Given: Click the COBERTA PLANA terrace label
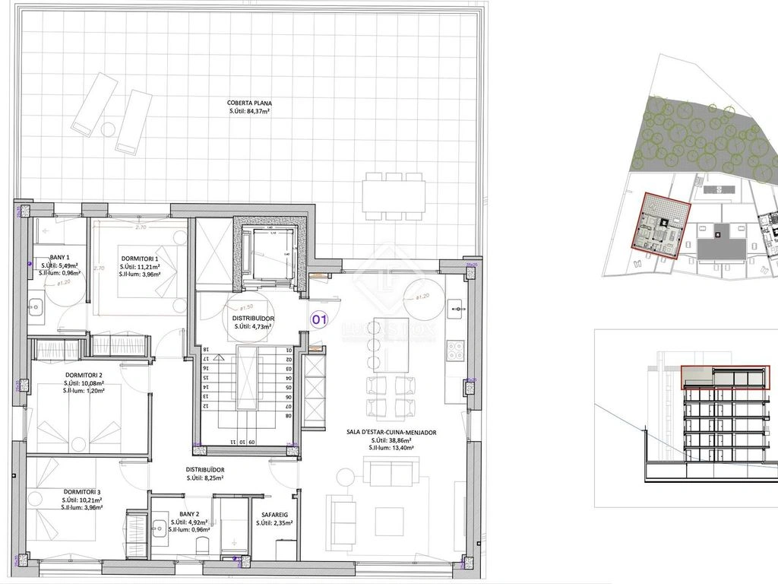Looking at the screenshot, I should pos(249,103).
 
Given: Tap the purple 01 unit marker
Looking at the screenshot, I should pos(320,321).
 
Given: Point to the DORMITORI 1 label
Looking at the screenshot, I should pos(139,259).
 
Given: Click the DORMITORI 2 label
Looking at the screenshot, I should pos(84,376).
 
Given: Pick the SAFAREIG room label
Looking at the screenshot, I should pos(274,514).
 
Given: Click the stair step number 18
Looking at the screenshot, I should pos(205,350).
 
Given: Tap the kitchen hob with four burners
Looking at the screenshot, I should pos(456,349).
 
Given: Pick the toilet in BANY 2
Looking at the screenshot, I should pos(202,545).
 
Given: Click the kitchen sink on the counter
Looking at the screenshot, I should pos(456,308).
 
